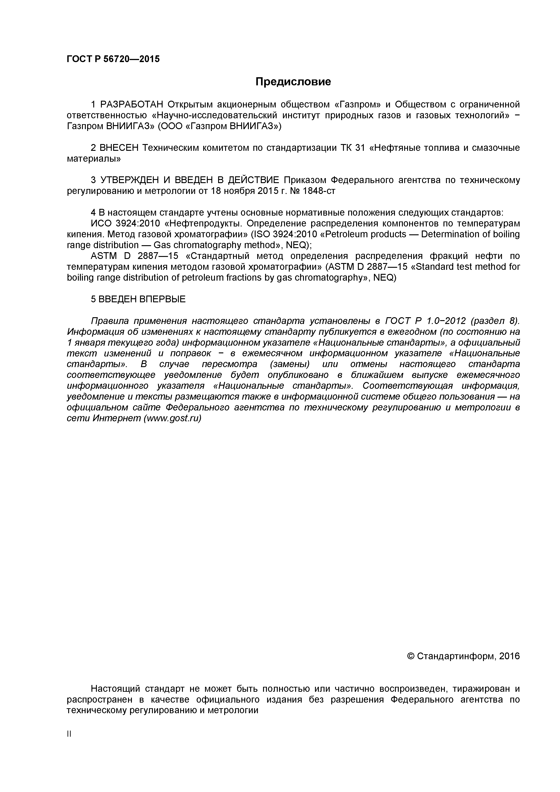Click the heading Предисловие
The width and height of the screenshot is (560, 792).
click(293, 82)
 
